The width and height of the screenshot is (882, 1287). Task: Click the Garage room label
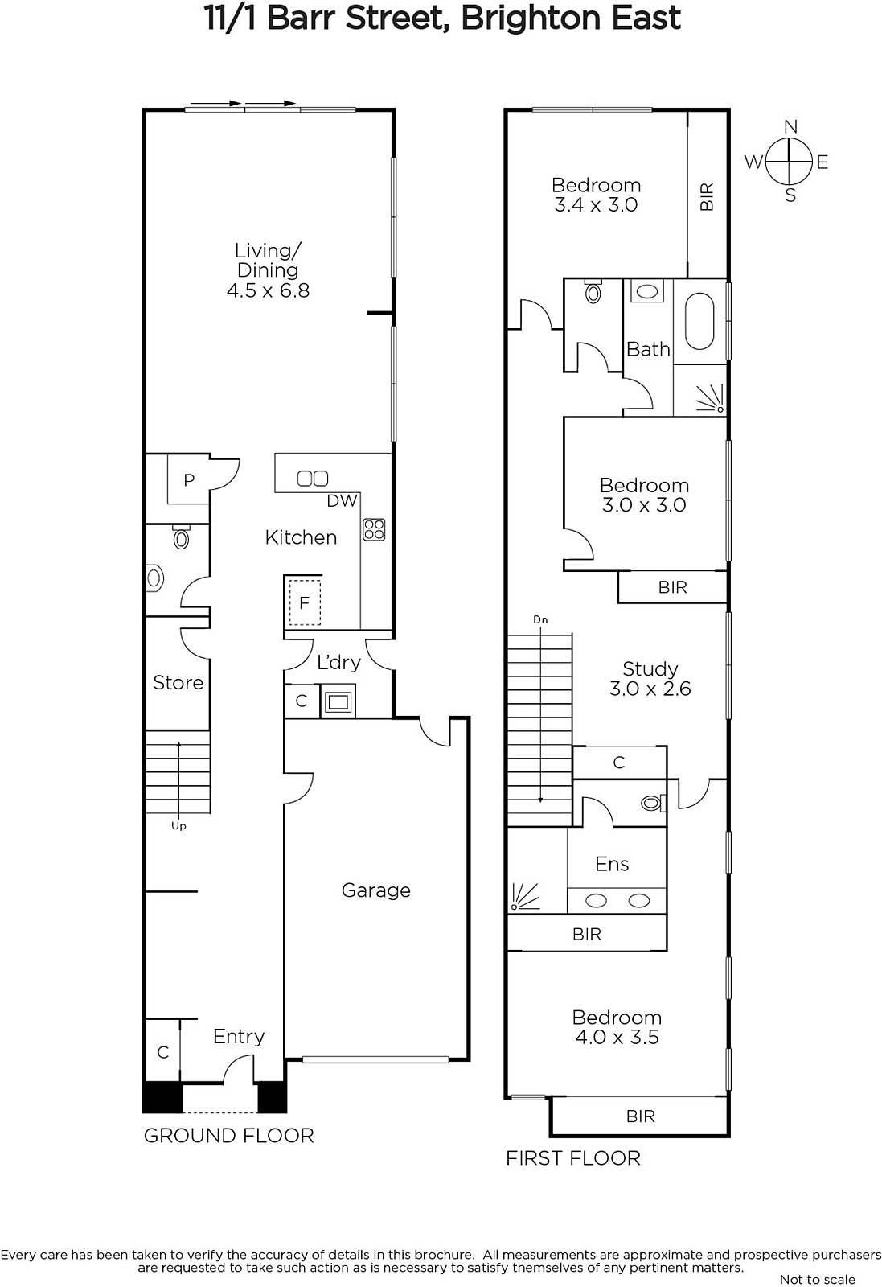coord(376,890)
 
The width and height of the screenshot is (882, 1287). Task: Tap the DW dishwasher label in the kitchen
coord(343,501)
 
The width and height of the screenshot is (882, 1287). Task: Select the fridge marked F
coord(305,602)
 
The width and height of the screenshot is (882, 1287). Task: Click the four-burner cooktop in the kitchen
coord(374,529)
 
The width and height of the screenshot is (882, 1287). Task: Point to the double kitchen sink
coord(313,478)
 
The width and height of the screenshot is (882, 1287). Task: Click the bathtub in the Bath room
coord(699,322)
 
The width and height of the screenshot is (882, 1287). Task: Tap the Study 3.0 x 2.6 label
coord(650,679)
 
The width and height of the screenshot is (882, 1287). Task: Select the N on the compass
coord(790,127)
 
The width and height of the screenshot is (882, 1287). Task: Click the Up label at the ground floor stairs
coord(178,826)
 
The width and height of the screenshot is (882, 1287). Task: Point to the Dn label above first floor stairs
coord(540,619)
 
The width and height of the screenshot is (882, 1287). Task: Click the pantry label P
coord(189,479)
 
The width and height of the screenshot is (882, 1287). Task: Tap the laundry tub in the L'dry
coord(338,701)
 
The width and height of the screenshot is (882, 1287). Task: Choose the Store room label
coord(178,683)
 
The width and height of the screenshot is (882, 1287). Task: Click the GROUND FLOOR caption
coord(228,1136)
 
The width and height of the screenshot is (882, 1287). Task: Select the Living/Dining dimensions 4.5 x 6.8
coord(269,290)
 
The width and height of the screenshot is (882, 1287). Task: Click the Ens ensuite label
coord(612,864)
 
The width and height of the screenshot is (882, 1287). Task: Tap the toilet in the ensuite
coord(653,802)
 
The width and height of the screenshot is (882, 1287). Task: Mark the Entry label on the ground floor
coord(239,1037)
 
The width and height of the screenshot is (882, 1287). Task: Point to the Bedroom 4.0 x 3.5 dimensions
coord(617,1037)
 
